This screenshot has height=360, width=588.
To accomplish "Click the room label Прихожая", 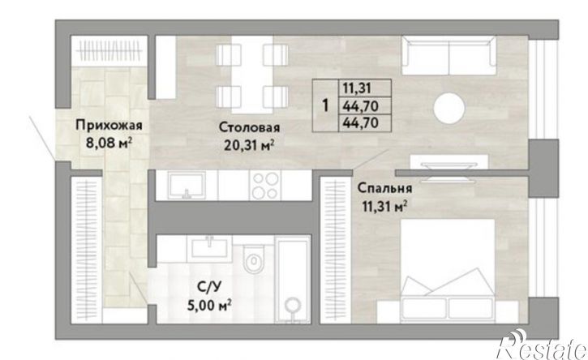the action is pyautogui.click(x=109, y=125).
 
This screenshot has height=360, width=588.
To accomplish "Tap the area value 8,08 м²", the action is pyautogui.click(x=109, y=143).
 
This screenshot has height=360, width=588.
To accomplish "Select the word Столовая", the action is pyautogui.click(x=249, y=127).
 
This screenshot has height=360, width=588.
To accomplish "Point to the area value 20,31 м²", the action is pyautogui.click(x=249, y=145).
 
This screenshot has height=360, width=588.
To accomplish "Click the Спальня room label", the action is pyautogui.click(x=384, y=188).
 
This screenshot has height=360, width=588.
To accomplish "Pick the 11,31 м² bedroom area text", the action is pyautogui.click(x=384, y=205).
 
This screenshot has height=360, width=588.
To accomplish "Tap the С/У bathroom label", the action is pyautogui.click(x=209, y=288).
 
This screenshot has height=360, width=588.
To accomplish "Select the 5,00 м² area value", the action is pyautogui.click(x=209, y=305).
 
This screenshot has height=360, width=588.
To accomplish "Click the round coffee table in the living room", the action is pyautogui.click(x=449, y=108).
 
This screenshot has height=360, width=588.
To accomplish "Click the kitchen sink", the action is pyautogui.click(x=187, y=185).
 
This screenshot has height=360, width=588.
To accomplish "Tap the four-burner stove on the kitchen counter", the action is pyautogui.click(x=266, y=186).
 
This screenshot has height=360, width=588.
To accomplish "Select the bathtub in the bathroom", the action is pyautogui.click(x=293, y=280).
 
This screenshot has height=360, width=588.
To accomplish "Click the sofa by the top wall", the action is pyautogui.click(x=449, y=55).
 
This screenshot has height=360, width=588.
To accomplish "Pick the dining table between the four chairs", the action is pyautogui.click(x=251, y=75).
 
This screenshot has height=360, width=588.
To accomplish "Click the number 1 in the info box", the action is pyautogui.click(x=325, y=105).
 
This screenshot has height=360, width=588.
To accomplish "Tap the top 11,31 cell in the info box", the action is pyautogui.click(x=357, y=88).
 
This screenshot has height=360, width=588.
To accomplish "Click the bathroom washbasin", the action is pyautogui.click(x=209, y=246).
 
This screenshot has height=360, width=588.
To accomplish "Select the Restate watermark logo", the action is pyautogui.click(x=542, y=345).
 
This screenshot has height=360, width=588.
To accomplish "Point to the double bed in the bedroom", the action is pyautogui.click(x=448, y=270).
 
